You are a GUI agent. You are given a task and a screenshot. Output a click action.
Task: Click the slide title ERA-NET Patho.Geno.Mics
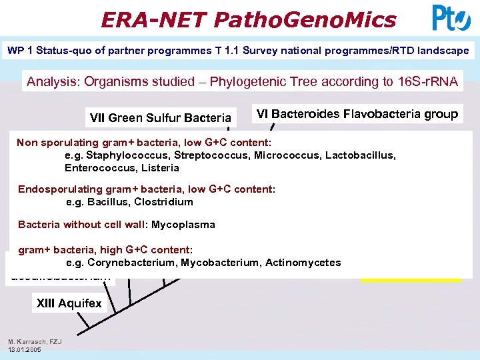[248, 19]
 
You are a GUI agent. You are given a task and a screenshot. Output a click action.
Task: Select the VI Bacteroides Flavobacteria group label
[357, 114]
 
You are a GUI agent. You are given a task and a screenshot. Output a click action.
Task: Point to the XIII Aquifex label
[69, 303]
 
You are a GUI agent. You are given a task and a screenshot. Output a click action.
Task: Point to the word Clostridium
[163, 202]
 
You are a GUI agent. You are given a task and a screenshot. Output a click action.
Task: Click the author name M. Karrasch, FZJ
[35, 342]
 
